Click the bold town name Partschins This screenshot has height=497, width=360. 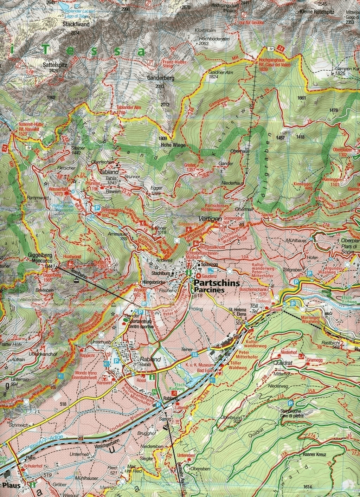214,283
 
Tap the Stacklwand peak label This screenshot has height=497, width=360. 76,25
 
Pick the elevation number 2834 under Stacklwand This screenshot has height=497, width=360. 75,33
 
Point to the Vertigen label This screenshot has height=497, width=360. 210,218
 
